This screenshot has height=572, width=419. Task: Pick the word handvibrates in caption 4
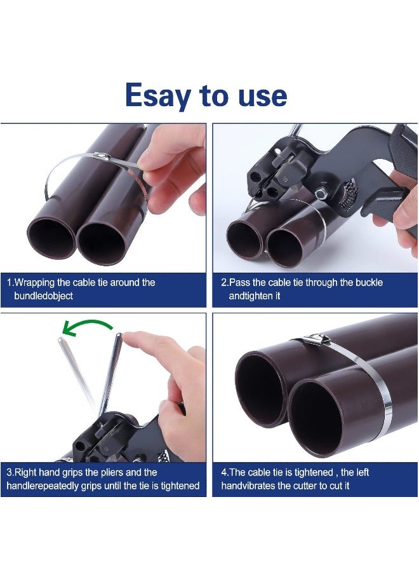tap(250, 486)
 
